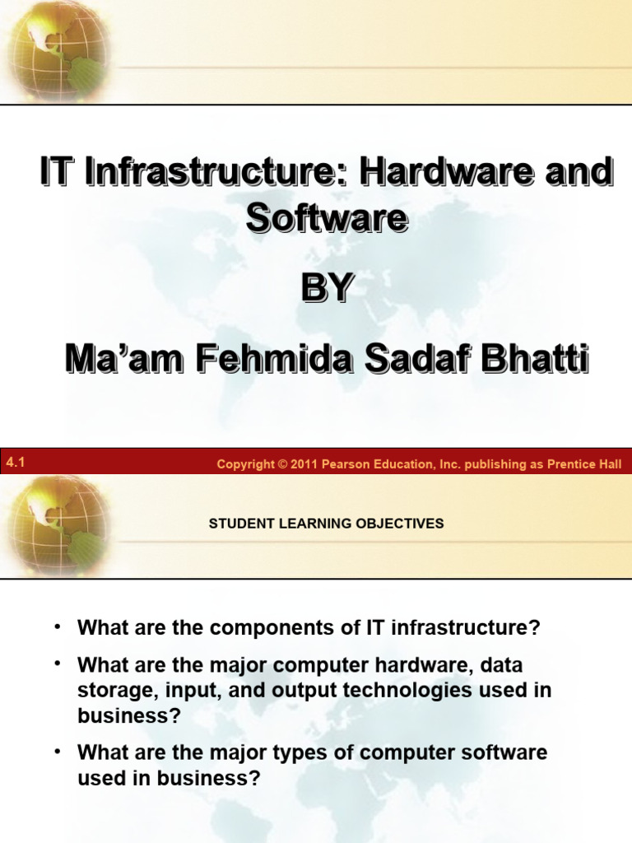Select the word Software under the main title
pos(327,218)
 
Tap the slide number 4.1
pos(16,463)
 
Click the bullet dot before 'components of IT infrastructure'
pos(58,627)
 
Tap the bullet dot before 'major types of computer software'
pos(58,752)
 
